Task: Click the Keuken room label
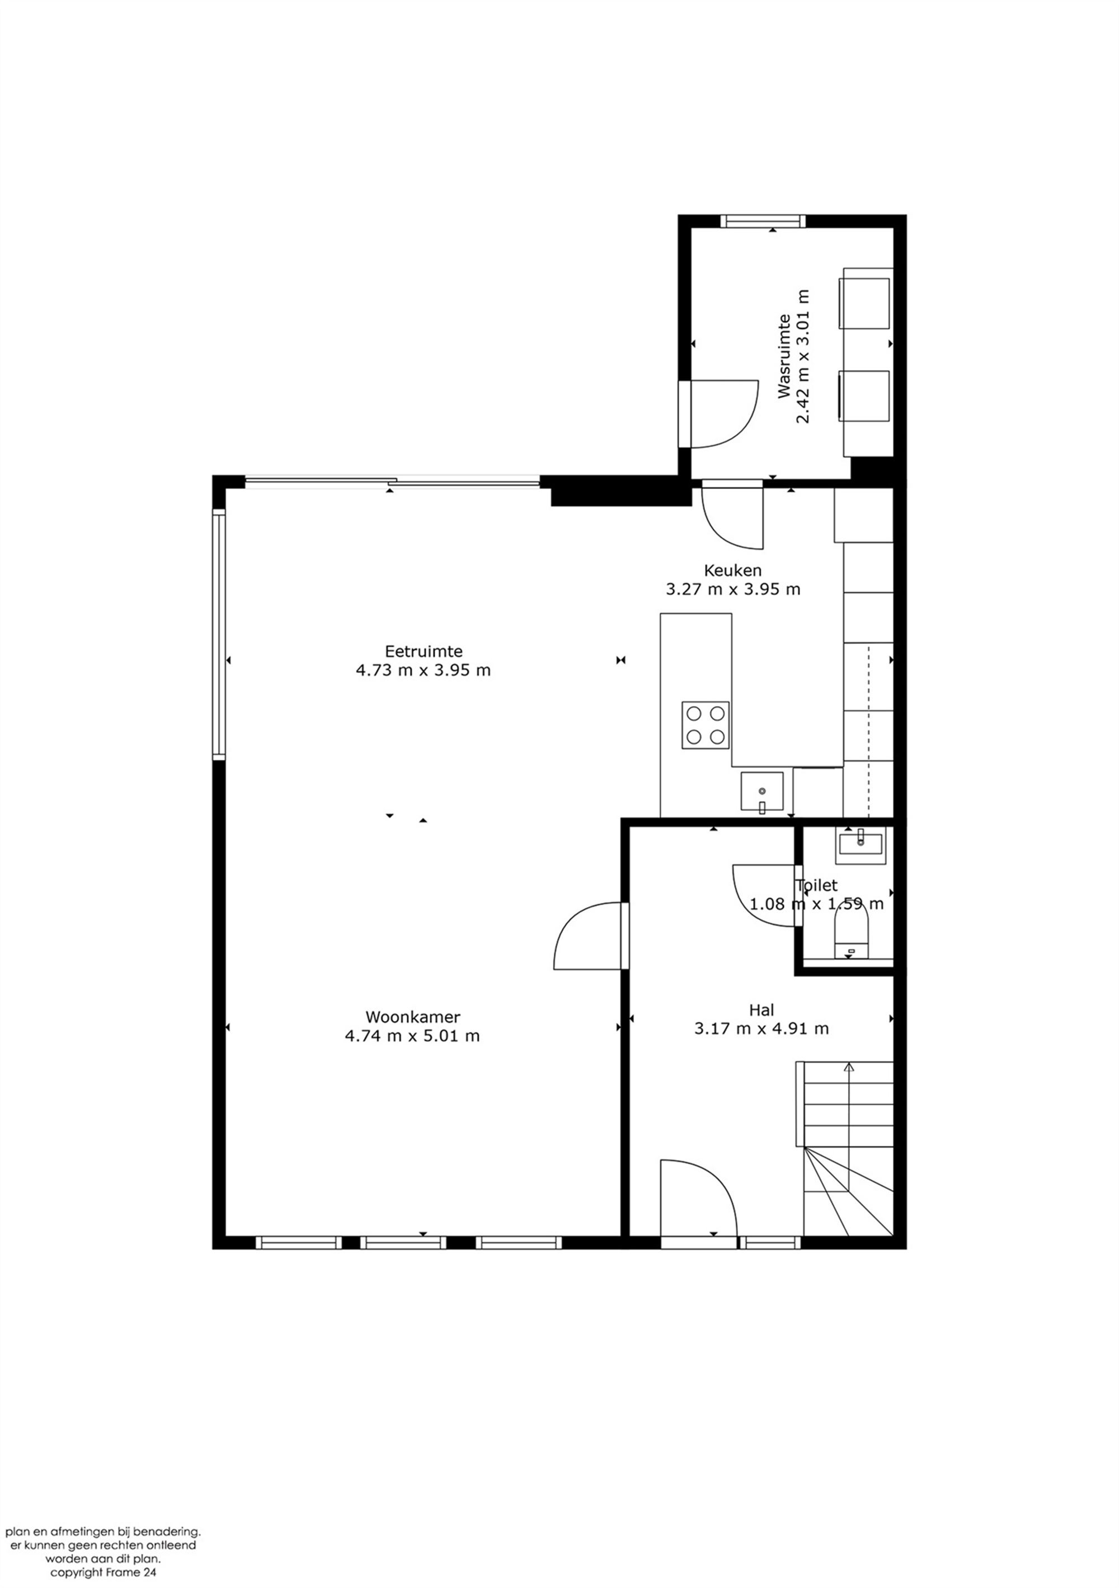coord(732,571)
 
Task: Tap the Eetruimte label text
coord(423,651)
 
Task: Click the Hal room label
coord(761,1010)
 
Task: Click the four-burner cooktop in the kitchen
coord(705,725)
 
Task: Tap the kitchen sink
coord(761,791)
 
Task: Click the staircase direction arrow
coord(849,1066)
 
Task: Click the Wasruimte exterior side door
coord(720,414)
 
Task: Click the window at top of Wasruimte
coord(762,222)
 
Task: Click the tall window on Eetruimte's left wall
coord(219,634)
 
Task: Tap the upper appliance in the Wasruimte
coord(864,303)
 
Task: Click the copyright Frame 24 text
coord(103,1572)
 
